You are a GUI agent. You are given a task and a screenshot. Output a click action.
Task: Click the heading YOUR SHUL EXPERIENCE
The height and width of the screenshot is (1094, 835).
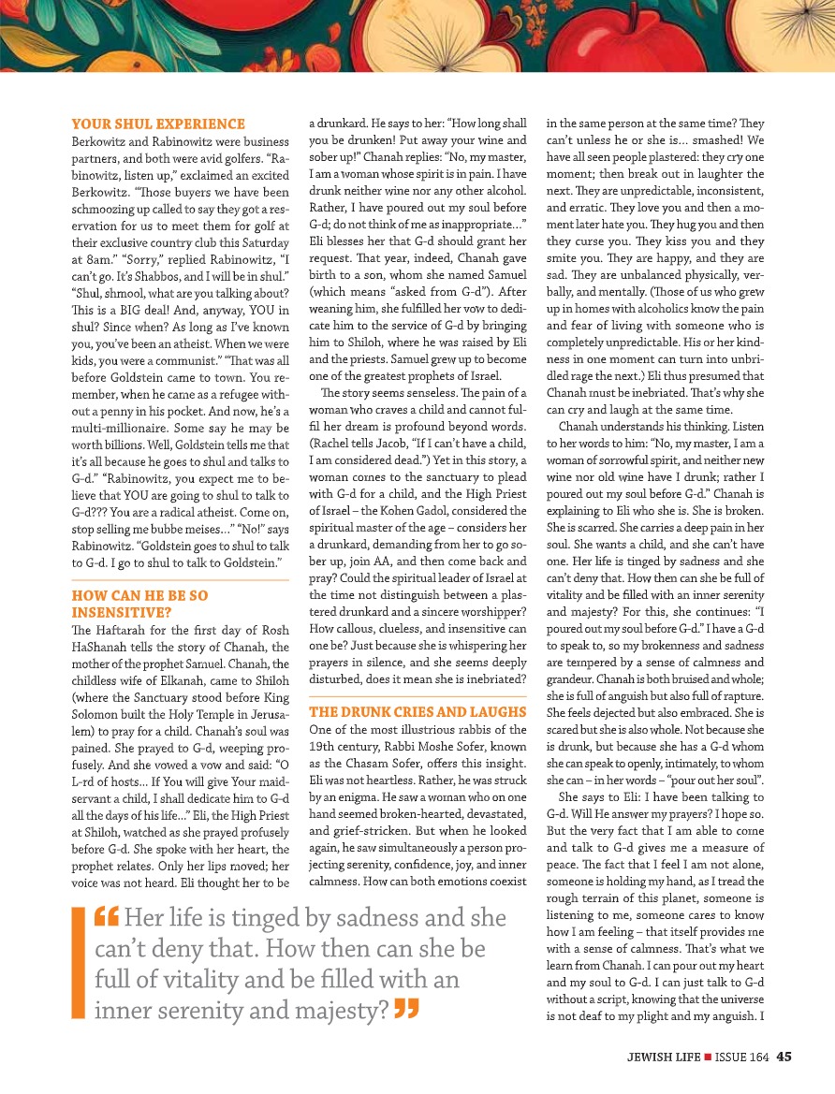click(158, 124)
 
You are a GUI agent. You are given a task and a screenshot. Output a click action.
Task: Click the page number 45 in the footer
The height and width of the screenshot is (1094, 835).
click(784, 1057)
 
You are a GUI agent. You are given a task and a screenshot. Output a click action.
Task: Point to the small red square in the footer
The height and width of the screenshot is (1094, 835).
click(708, 1058)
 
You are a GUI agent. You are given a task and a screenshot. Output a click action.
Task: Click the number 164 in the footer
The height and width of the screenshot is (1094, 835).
click(759, 1057)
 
